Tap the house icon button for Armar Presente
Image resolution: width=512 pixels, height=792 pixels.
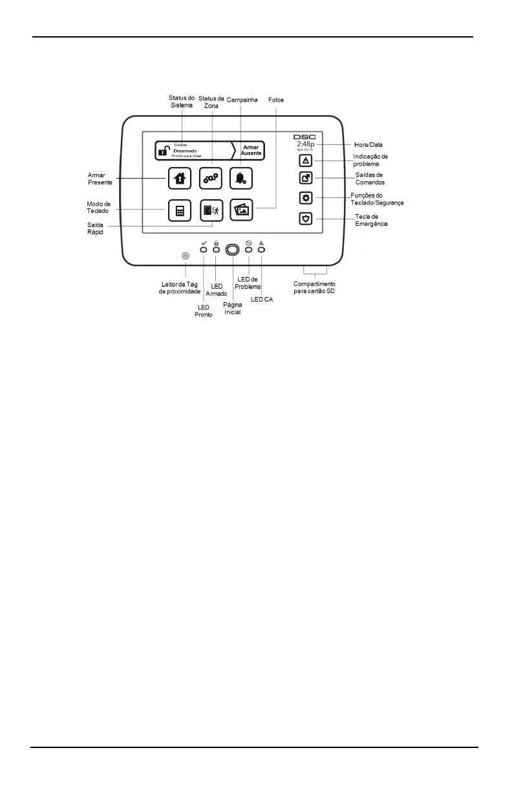[180, 178]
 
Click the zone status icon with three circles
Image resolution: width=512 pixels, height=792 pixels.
[211, 178]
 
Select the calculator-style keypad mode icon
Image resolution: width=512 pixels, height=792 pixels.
[180, 211]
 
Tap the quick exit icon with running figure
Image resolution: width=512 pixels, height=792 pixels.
[211, 211]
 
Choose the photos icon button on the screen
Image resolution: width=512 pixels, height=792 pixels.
[242, 210]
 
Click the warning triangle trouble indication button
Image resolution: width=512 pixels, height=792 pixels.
[306, 160]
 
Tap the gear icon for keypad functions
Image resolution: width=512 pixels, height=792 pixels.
[306, 198]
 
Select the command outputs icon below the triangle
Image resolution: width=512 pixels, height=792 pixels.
[306, 178]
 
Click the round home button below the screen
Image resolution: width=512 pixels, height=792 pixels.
[232, 256]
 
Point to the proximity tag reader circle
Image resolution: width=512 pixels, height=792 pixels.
[186, 256]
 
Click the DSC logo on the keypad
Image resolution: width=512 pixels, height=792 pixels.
[304, 137]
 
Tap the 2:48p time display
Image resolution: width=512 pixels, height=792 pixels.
[305, 144]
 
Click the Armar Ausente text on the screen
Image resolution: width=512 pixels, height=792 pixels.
[251, 150]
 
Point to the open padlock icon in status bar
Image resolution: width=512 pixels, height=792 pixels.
[164, 151]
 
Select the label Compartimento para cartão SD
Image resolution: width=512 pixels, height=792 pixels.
[314, 287]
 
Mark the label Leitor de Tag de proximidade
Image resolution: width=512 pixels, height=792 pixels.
[184, 287]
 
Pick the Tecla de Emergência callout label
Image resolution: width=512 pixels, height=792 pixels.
[372, 220]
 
